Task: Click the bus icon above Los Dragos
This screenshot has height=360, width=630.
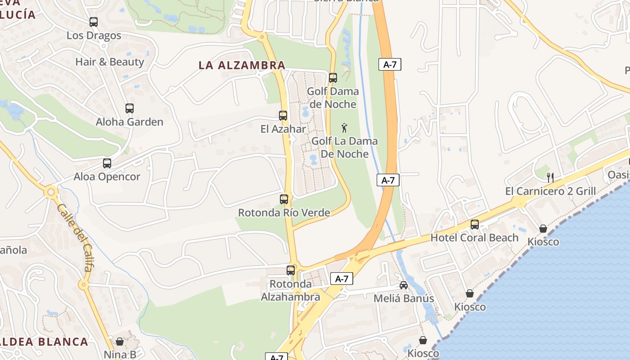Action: tap(94, 22)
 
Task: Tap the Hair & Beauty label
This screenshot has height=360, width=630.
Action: tap(109, 62)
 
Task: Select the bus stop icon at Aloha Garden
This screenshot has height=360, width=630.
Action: tap(130, 108)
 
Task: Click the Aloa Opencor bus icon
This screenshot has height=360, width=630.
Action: tap(107, 163)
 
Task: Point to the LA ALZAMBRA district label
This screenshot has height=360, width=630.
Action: tap(242, 65)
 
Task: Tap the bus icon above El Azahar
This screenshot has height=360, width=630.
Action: tap(283, 116)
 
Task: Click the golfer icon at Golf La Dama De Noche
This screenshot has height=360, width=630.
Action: tap(345, 128)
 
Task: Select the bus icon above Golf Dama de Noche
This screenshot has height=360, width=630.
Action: tap(333, 78)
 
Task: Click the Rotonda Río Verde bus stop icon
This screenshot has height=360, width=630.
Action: tap(284, 199)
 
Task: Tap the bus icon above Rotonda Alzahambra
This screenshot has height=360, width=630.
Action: tap(291, 270)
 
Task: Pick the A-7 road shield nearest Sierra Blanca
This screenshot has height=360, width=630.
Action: tap(390, 64)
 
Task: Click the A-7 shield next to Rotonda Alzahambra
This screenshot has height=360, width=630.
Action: tap(342, 279)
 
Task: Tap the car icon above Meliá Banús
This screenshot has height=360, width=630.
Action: tap(404, 285)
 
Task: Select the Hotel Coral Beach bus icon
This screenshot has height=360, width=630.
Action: tap(475, 224)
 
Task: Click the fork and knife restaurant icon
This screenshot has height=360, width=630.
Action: tap(550, 177)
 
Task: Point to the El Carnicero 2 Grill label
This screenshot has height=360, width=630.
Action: tap(550, 191)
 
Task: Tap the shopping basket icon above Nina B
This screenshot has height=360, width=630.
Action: tap(120, 342)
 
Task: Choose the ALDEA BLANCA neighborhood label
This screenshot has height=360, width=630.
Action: tap(44, 342)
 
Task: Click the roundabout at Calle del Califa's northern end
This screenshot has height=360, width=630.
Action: tap(51, 193)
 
